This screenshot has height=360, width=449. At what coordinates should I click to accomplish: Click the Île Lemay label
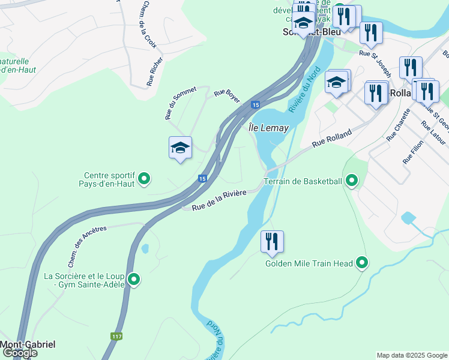[x=268, y=128]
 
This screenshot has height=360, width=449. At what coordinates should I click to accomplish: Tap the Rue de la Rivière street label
[x=220, y=203]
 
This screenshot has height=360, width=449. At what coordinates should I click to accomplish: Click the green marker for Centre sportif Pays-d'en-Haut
[x=144, y=179]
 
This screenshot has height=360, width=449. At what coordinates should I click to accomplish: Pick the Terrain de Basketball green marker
[x=351, y=181]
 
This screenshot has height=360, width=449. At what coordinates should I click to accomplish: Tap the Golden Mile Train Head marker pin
[x=361, y=263]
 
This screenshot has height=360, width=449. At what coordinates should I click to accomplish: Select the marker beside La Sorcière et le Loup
[x=134, y=280]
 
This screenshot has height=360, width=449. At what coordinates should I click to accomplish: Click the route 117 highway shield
[x=116, y=336]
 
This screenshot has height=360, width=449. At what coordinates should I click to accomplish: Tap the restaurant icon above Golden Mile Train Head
[x=272, y=242]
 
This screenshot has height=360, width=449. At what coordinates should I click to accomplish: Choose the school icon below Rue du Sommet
[x=179, y=148]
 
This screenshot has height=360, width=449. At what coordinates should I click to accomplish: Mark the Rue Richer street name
[x=155, y=71]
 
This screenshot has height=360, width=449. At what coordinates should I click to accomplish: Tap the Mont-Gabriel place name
[x=28, y=344]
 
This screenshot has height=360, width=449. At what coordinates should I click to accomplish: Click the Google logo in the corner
[x=19, y=353]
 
